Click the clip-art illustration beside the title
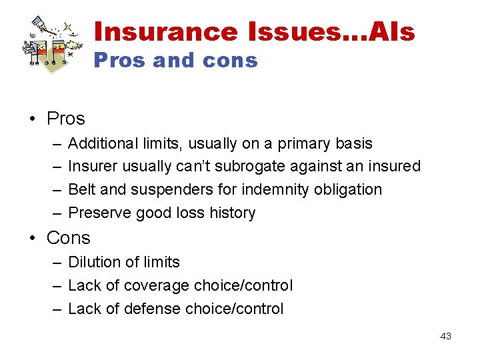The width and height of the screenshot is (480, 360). [52, 42]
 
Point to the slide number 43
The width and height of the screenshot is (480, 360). [445, 336]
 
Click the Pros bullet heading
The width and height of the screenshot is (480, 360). [66, 119]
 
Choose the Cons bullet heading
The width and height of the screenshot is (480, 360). [68, 238]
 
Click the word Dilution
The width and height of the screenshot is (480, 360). [91, 263]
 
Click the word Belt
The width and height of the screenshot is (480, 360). [81, 189]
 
